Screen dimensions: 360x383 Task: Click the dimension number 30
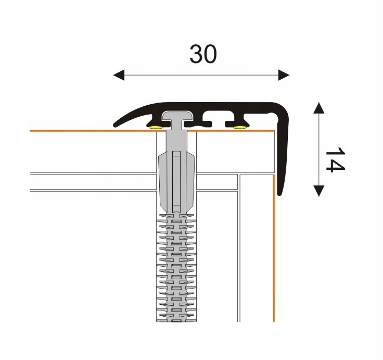click(x=203, y=54)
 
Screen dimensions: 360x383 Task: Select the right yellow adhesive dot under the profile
click(x=239, y=126)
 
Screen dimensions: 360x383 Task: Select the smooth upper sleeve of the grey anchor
click(x=177, y=177)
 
